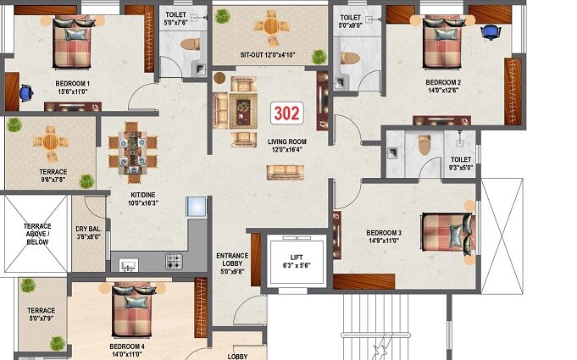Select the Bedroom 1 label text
[x=73, y=83]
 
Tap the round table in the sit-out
[x=270, y=25]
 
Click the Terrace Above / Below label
[x=36, y=234]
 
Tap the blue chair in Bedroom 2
[x=490, y=32]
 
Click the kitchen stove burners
[x=175, y=261]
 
